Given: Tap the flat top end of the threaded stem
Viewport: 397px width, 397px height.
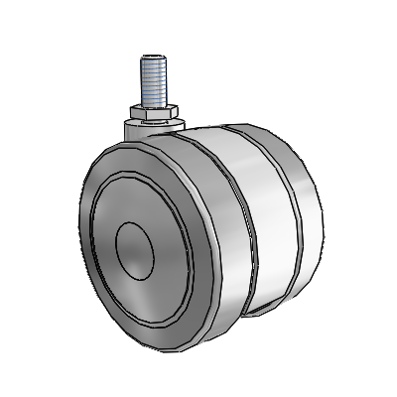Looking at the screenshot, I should coord(154,57).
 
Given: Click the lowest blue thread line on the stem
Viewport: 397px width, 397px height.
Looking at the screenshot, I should coord(154,101).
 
